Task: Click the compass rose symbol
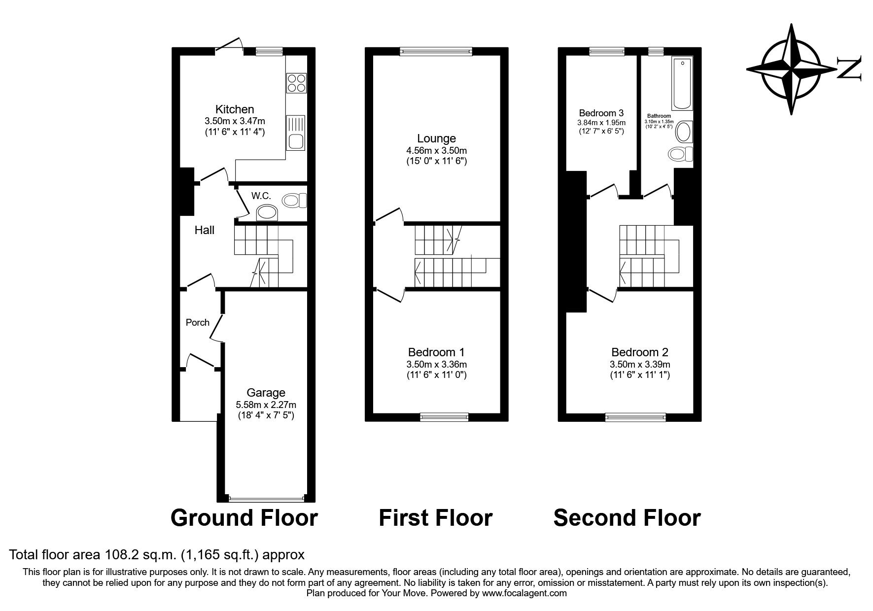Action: pos(791,69)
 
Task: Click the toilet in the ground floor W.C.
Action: pos(294,200)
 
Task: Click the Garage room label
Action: pos(266,393)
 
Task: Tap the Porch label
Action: pos(197,322)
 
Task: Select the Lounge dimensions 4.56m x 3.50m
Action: pos(436,150)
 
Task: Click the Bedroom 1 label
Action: pos(436,352)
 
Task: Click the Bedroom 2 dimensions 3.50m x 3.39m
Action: pos(639,365)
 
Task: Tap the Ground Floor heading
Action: pos(244,518)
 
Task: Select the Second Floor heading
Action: pos(627,518)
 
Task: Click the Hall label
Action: pos(204,230)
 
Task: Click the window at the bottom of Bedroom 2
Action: pos(636,417)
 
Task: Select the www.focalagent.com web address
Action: pos(524,593)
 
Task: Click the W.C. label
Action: pos(261,196)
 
